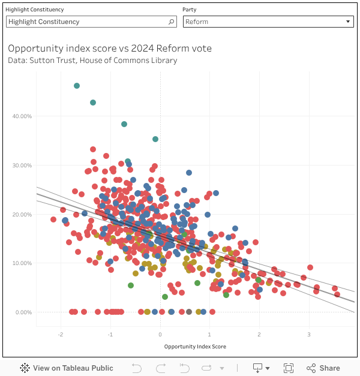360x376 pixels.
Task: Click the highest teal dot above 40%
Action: (x=77, y=86)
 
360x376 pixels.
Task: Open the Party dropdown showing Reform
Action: (x=268, y=22)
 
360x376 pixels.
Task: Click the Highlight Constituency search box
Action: (x=87, y=22)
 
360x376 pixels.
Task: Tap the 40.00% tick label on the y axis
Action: (x=22, y=116)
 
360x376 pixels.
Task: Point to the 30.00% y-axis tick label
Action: (x=22, y=166)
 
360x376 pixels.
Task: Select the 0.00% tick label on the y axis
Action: (x=23, y=312)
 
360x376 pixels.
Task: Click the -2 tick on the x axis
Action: (x=61, y=335)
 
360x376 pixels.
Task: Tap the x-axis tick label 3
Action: (x=309, y=335)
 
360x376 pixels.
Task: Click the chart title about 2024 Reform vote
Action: (x=110, y=48)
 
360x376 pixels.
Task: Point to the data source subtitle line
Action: (x=92, y=60)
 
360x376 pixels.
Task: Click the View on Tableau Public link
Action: (x=67, y=368)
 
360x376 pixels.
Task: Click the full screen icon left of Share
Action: (x=288, y=368)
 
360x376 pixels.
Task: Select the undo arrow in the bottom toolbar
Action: (x=136, y=368)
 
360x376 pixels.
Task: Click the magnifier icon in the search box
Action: (x=172, y=22)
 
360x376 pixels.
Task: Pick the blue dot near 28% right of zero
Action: (x=189, y=173)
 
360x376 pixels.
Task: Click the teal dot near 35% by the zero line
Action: (x=155, y=139)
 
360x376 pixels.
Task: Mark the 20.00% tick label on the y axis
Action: (x=22, y=215)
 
